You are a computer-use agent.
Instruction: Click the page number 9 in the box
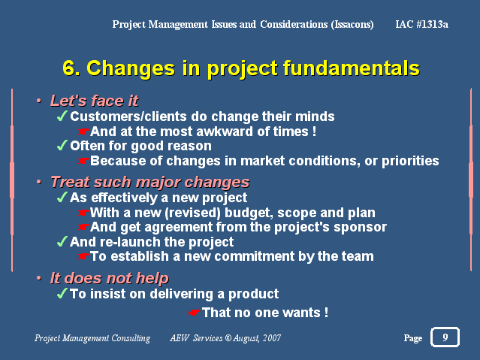click(445, 337)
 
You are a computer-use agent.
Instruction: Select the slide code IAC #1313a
click(422, 24)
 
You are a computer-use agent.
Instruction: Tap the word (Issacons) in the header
click(352, 24)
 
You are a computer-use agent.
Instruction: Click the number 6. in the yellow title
click(71, 68)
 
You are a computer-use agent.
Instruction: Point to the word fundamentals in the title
click(351, 68)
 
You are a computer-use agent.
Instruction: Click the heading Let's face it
click(95, 101)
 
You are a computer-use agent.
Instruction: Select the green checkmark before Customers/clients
click(62, 116)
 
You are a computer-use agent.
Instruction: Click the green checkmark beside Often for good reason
click(62, 145)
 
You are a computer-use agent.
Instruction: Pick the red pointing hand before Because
click(83, 161)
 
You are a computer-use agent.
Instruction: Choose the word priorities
click(410, 161)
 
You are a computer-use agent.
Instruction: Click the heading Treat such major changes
click(150, 182)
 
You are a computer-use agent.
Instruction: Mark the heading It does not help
click(109, 278)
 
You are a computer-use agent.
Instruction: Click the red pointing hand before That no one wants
click(195, 313)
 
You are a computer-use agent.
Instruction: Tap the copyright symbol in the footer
click(228, 337)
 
